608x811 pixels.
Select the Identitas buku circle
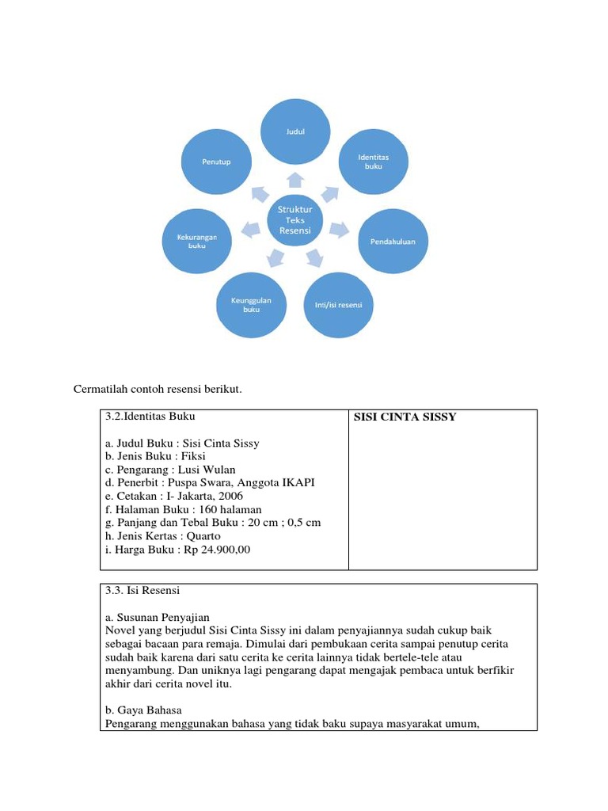coord(374,162)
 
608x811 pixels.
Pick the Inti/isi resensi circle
coord(338,304)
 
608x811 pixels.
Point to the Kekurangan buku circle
coord(196,241)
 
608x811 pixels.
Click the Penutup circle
coord(216,162)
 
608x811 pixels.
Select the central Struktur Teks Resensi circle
coord(295,220)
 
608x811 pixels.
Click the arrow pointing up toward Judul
coord(295,179)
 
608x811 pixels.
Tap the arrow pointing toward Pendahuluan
coord(339,230)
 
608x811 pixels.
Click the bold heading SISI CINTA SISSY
coord(405,417)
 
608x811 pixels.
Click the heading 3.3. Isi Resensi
coord(142,591)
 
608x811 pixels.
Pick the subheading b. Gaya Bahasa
coord(143,710)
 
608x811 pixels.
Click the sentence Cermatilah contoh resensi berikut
coord(158,390)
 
